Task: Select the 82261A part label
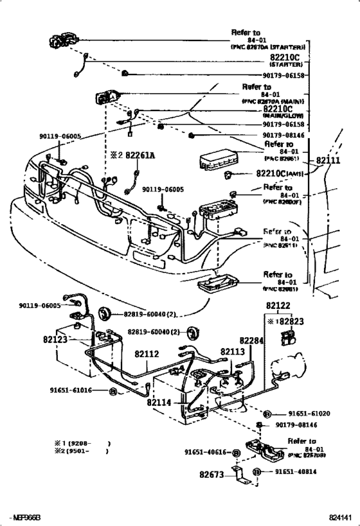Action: point(139,155)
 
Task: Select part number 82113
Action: point(233,351)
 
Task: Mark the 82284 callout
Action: point(252,340)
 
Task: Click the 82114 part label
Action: point(159,403)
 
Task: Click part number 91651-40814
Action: point(296,471)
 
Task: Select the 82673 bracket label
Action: point(212,476)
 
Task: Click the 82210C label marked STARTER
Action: point(288,57)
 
